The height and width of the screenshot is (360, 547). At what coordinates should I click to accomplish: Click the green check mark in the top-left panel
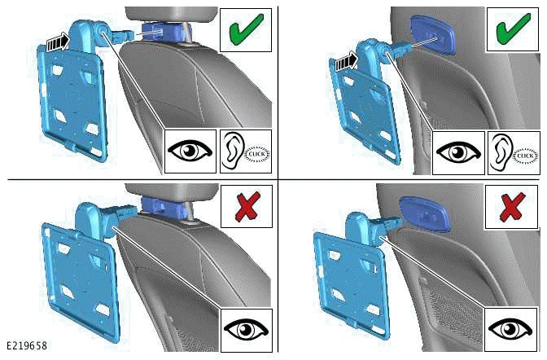point(245,30)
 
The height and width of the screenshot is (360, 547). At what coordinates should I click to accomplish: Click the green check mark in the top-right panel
point(513,30)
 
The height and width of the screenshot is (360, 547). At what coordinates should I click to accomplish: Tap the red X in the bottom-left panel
point(245,207)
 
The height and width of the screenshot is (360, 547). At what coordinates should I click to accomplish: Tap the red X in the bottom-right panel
point(513,207)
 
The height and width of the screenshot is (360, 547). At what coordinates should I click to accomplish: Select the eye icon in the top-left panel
point(190,151)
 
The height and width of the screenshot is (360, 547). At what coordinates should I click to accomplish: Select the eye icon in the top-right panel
point(457,152)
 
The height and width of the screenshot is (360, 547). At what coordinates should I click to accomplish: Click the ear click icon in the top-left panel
point(245,151)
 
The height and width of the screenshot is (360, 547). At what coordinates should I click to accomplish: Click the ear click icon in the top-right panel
point(513,152)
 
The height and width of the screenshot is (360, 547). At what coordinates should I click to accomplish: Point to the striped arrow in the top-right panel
point(346,59)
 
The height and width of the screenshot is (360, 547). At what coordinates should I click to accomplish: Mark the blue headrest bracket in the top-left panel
point(164,32)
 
